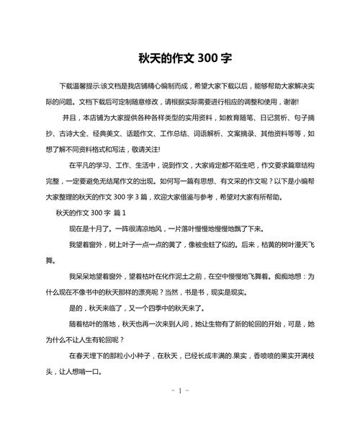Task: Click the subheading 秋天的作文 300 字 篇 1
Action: coord(91,213)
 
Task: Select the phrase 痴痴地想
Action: coord(294,276)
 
